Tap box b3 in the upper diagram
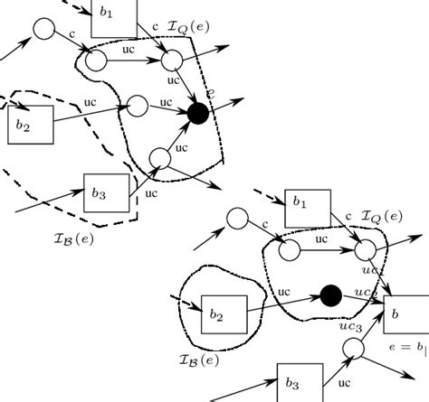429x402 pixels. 106,192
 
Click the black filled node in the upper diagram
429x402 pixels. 198,114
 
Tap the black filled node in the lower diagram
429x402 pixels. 331,294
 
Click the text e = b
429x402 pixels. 405,347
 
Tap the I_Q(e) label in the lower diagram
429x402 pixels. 381,217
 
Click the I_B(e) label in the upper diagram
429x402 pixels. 73,238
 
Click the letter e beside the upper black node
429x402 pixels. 210,93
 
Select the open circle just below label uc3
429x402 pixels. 353,349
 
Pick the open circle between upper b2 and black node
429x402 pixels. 138,106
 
